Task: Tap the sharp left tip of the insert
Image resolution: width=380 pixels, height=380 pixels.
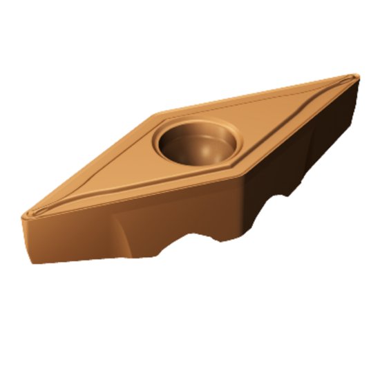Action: click(23, 215)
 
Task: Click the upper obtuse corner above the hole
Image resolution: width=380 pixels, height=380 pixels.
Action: click(160, 112)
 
